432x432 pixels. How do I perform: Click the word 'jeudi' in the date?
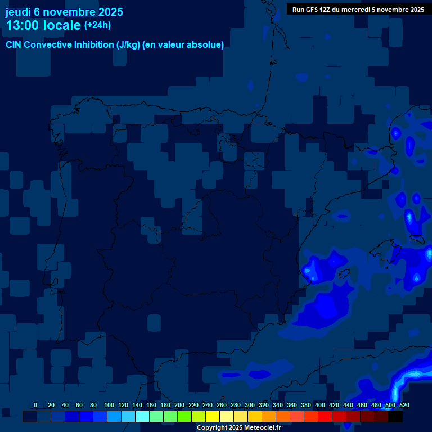[18, 12]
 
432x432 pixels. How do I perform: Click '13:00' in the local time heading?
[22, 25]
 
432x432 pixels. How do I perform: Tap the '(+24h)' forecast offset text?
[97, 25]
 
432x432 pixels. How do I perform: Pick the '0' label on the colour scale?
[35, 406]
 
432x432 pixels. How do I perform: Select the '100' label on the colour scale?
[109, 406]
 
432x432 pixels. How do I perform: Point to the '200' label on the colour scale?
[179, 406]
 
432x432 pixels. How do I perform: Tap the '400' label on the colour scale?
[320, 406]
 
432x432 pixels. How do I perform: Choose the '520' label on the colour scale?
[404, 406]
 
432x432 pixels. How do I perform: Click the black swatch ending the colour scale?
[395, 417]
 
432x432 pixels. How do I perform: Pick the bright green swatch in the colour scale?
[184, 417]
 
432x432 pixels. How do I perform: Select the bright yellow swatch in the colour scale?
[213, 417]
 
